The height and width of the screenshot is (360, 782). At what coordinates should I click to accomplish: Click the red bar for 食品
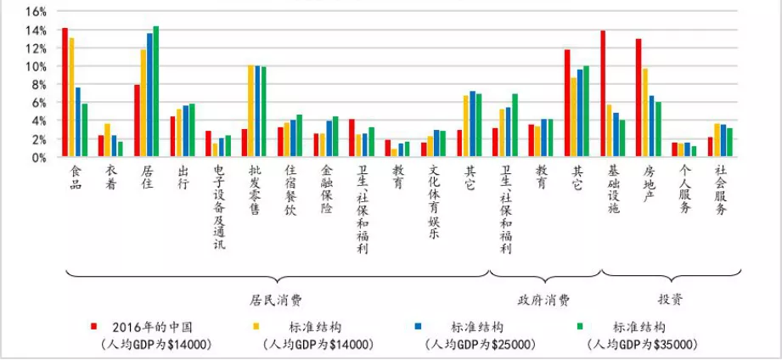[65, 93]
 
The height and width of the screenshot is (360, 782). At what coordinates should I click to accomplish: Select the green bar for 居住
[155, 92]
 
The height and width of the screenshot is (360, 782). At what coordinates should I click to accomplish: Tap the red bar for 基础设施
[603, 94]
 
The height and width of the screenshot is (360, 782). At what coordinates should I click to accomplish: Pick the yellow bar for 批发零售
[250, 111]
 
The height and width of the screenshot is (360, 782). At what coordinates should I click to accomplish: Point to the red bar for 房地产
[639, 98]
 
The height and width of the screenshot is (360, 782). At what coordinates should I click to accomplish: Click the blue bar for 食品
[78, 122]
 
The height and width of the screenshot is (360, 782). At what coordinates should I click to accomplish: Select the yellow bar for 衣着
[107, 140]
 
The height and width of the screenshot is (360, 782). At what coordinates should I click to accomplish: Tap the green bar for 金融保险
[335, 137]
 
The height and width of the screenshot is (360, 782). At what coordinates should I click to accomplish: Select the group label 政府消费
[543, 300]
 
